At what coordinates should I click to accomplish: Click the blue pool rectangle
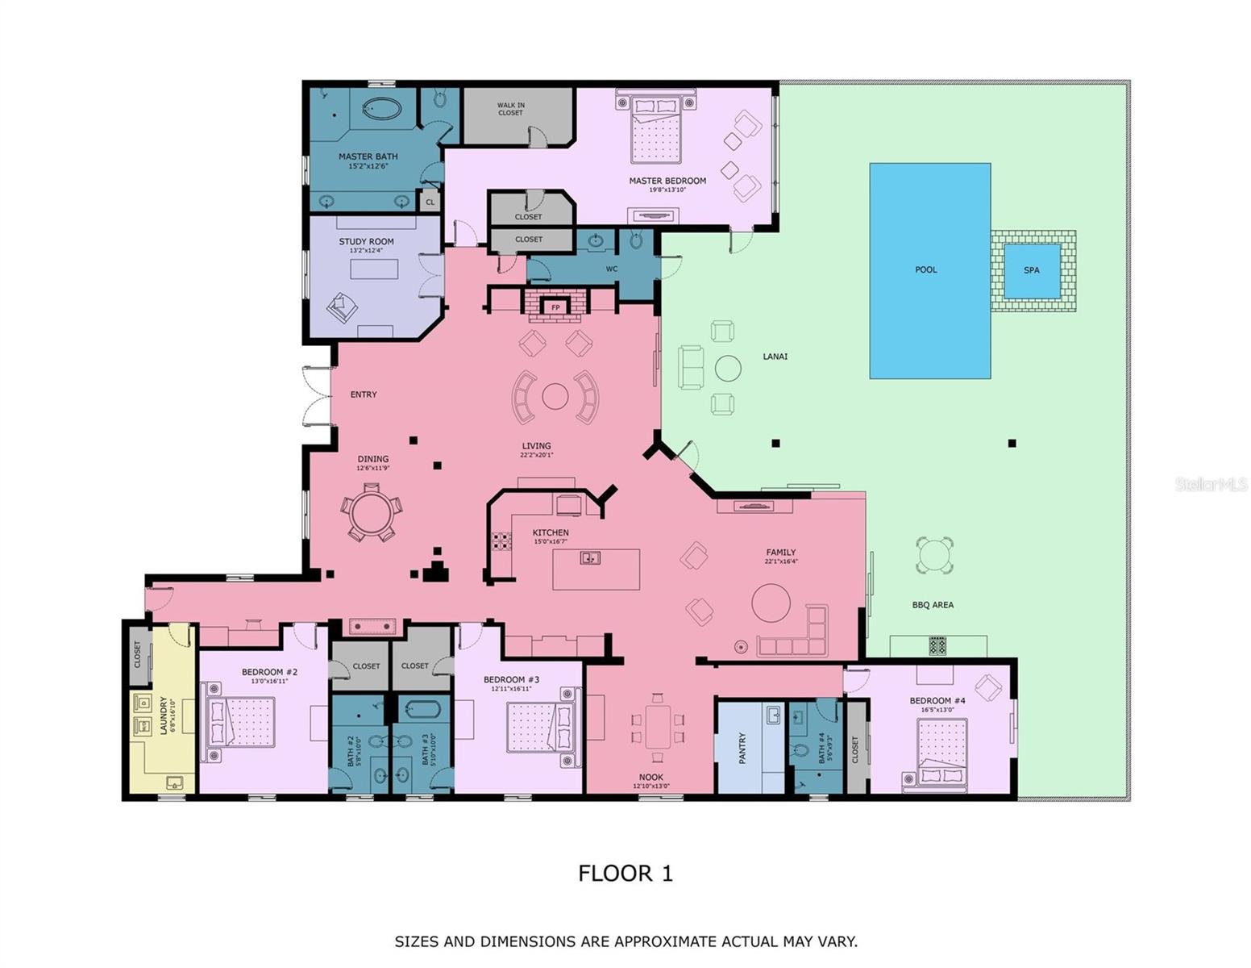pyautogui.click(x=929, y=270)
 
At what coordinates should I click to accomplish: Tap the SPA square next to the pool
pyautogui.click(x=1032, y=270)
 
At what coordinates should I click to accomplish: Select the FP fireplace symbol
pyautogui.click(x=555, y=307)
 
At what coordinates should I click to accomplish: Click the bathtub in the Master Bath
pyautogui.click(x=381, y=109)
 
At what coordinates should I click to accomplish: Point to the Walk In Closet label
pyautogui.click(x=510, y=109)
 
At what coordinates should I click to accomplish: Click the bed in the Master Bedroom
pyautogui.click(x=655, y=129)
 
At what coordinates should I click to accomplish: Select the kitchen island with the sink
pyautogui.click(x=596, y=569)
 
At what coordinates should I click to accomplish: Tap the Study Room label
pyautogui.click(x=366, y=242)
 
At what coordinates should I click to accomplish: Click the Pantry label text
pyautogui.click(x=742, y=748)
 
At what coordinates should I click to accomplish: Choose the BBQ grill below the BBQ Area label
pyautogui.click(x=937, y=645)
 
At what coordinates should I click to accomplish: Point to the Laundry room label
pyautogui.click(x=164, y=715)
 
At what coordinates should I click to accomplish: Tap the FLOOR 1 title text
pyautogui.click(x=625, y=873)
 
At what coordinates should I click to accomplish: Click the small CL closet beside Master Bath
pyautogui.click(x=430, y=202)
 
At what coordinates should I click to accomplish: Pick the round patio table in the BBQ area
pyautogui.click(x=934, y=555)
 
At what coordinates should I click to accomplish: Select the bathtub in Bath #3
pyautogui.click(x=422, y=710)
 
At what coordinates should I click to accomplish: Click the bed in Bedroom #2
pyautogui.click(x=243, y=723)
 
